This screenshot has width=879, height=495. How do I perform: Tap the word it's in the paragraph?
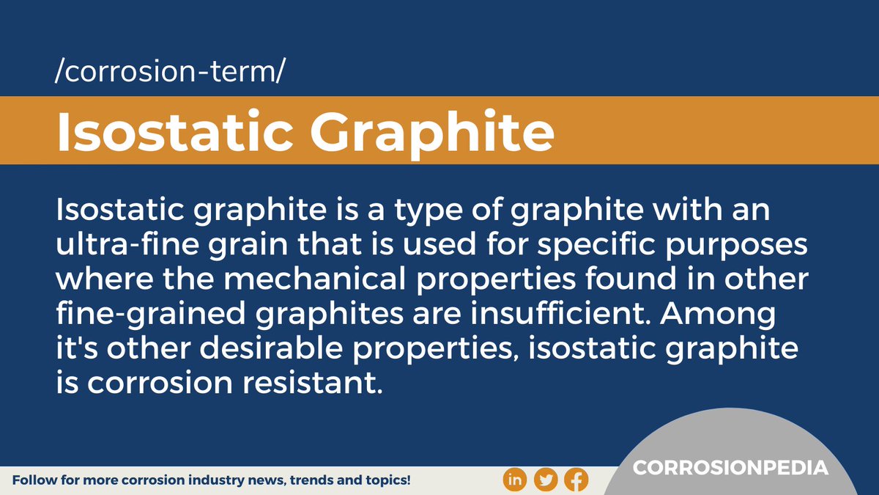click(78, 348)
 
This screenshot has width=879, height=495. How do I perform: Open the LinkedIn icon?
click(515, 480)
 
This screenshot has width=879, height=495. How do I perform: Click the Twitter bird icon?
click(546, 480)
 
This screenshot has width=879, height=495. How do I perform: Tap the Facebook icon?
click(577, 480)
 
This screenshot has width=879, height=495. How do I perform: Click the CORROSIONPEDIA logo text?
click(730, 468)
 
